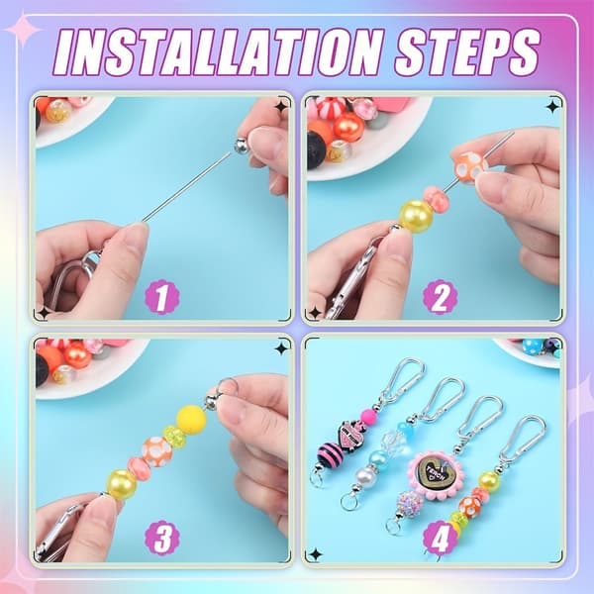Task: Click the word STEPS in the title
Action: [x=466, y=51]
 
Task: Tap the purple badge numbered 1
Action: [x=161, y=297]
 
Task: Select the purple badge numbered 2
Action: [x=440, y=297]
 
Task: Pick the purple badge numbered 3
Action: [x=161, y=538]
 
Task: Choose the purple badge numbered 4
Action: [x=440, y=538]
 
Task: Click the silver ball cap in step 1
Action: [x=242, y=146]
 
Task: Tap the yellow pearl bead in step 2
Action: [x=415, y=216]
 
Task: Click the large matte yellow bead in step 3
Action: [x=192, y=420]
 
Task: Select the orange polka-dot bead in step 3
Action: [x=157, y=452]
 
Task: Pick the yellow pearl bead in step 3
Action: [x=123, y=485]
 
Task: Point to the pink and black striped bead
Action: [x=331, y=454]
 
